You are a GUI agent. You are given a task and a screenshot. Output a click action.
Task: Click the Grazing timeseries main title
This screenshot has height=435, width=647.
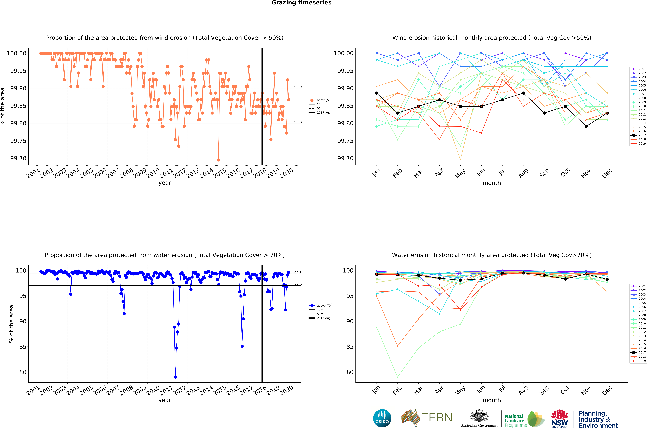[301, 3]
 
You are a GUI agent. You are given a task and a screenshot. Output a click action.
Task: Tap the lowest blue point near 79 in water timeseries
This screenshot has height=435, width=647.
[175, 377]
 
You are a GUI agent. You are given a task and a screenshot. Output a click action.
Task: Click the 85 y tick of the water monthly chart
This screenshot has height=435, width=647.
[350, 347]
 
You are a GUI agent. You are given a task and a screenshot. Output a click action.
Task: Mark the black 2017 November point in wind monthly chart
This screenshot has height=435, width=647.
[586, 126]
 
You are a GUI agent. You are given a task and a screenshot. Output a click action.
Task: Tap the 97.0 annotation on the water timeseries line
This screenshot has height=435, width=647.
[298, 284]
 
